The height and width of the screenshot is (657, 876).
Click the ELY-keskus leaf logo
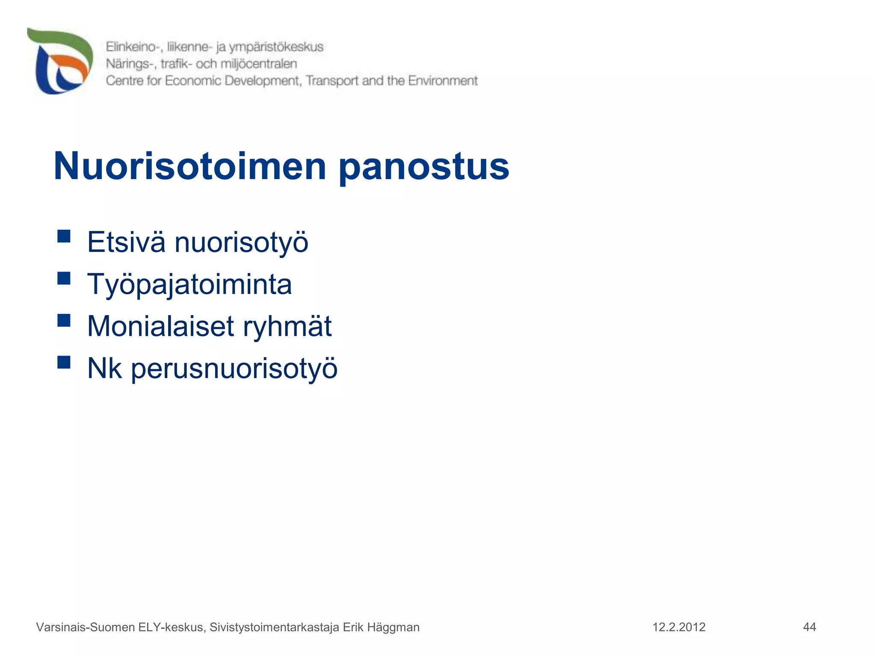point(60,61)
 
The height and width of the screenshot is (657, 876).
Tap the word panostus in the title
point(424,167)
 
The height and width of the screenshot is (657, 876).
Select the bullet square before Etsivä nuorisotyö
point(64,236)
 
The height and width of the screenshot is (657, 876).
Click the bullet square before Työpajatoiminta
point(64,278)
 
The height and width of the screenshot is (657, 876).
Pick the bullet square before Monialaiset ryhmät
point(64,320)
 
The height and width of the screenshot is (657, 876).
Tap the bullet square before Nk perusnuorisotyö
point(64,362)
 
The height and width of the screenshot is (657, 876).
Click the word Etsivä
point(126,242)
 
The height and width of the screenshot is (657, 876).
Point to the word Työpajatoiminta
point(189,284)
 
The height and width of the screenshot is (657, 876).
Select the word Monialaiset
point(160,326)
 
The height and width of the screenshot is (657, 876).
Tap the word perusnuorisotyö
point(234,369)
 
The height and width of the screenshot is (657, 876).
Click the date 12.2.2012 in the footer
point(679,627)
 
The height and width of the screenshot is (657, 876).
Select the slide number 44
point(809,627)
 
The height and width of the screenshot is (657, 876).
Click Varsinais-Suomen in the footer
point(86,627)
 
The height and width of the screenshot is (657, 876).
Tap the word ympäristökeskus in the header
point(276,47)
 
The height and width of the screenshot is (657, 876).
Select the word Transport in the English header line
point(332,81)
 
